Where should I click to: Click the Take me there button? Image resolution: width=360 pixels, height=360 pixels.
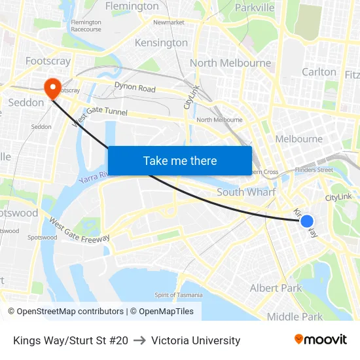180,160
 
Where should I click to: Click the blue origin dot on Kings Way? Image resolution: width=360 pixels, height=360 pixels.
306,221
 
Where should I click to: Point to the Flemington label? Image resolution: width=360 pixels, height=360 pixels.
132,7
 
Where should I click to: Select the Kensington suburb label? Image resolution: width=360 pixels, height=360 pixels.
161,43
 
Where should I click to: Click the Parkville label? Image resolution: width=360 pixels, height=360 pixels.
255,8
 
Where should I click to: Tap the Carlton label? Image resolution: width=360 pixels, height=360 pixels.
319,71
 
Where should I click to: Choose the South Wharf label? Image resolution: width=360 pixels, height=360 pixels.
246,192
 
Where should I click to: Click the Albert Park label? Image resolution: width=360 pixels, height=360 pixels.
276,288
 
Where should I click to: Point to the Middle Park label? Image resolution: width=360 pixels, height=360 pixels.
295,317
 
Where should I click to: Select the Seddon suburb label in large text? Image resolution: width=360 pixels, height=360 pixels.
26,103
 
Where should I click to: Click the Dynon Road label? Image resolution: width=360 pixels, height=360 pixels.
135,87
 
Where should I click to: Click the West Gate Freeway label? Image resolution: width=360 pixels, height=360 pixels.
79,230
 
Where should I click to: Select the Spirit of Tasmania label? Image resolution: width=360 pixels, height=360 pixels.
179,295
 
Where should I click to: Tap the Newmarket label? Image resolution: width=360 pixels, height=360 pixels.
169,22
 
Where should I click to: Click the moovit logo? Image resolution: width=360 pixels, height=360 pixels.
320,340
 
